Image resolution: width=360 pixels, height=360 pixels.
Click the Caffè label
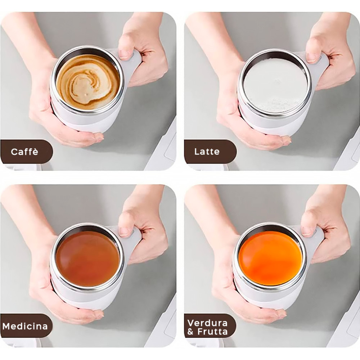pyautogui.click(x=24, y=152)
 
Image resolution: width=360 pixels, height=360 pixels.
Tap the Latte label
pyautogui.click(x=207, y=152)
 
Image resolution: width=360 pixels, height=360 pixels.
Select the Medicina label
pyautogui.click(x=25, y=327)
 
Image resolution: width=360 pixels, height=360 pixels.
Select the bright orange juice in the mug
pyautogui.click(x=270, y=258)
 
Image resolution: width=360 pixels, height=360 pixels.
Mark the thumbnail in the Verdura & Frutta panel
pyautogui.click(x=307, y=231)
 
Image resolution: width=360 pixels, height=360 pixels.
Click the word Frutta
pyautogui.click(x=212, y=332)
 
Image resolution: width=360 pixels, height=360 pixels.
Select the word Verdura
pyautogui.click(x=207, y=322)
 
